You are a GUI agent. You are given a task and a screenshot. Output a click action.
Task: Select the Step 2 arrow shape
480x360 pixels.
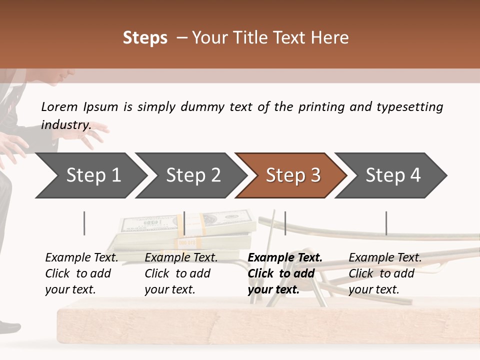(192, 175)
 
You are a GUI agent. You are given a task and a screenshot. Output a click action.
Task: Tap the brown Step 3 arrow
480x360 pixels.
(292, 175)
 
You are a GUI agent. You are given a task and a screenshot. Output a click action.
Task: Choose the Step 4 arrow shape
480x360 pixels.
(392, 175)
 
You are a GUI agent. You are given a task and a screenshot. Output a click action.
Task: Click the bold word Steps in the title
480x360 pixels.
(145, 38)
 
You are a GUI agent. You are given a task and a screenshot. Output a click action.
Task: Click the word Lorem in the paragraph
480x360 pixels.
(59, 106)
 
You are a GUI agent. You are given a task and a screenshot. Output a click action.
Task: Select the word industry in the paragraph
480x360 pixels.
(65, 124)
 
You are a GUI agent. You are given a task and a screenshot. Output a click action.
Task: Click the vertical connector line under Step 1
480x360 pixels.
(84, 223)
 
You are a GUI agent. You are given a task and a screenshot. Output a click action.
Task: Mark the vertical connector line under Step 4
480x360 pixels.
(386, 223)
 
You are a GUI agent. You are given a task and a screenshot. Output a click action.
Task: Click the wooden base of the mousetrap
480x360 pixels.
(250, 325)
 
